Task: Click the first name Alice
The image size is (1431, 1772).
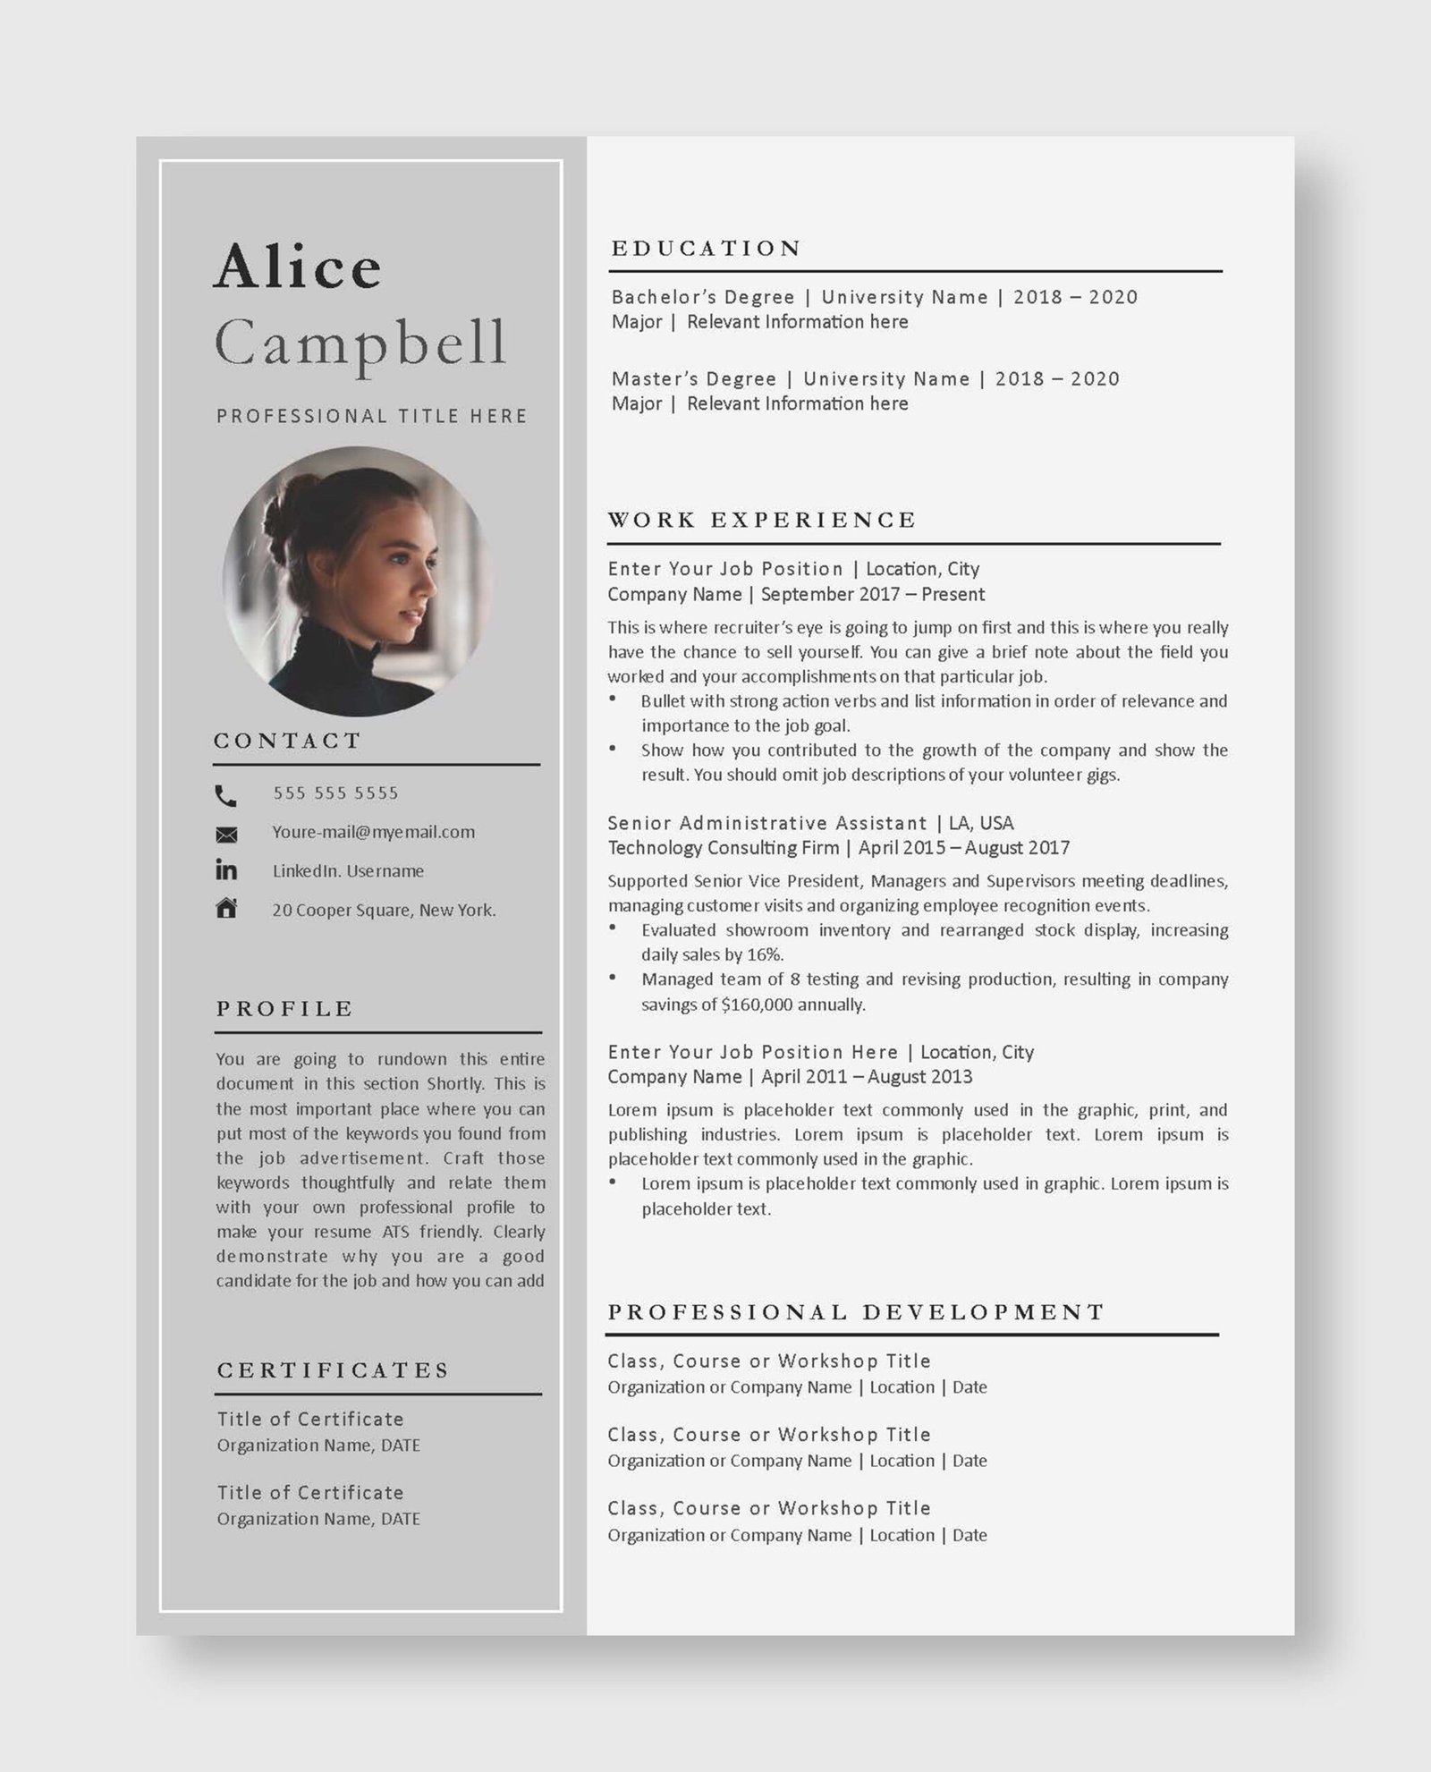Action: tap(298, 267)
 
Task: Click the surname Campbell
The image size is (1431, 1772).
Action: tap(360, 344)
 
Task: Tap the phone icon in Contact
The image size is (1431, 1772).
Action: tap(226, 795)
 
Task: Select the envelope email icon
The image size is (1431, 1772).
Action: tap(226, 835)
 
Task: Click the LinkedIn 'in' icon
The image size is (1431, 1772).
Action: tap(226, 869)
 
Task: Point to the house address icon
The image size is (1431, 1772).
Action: tap(226, 909)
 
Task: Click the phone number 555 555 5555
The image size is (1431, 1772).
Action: tap(335, 793)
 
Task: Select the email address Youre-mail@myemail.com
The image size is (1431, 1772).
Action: tap(373, 832)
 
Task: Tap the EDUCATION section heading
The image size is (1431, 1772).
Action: tap(706, 249)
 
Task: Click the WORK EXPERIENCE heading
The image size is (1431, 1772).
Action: tap(762, 520)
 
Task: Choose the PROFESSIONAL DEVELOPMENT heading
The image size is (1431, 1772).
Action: tap(856, 1312)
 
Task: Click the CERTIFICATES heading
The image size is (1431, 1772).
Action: tap(333, 1370)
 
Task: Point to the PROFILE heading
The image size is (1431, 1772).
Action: tap(284, 1009)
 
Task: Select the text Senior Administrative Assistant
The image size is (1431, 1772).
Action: tap(767, 823)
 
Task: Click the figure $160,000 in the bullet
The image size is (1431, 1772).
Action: tap(757, 1005)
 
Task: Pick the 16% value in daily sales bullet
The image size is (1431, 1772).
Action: tap(765, 954)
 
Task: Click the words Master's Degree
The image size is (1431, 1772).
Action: tap(694, 379)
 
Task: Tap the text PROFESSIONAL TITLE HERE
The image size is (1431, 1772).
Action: tap(372, 416)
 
